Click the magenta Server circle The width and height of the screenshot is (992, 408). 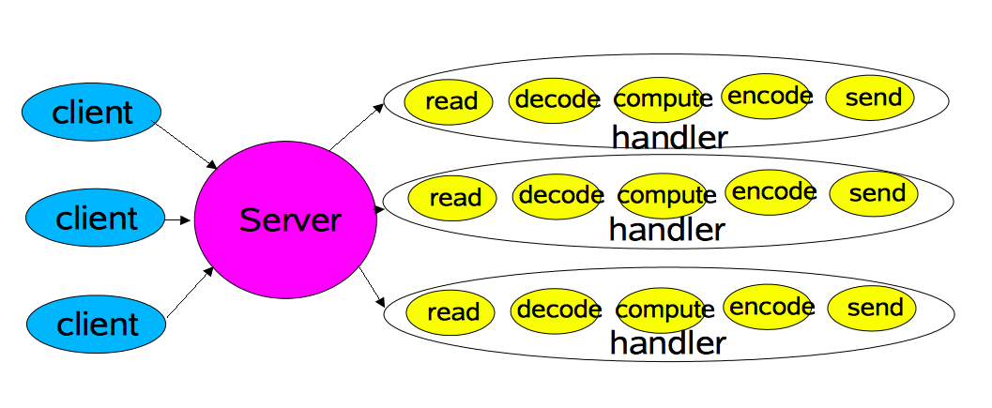[x=285, y=219]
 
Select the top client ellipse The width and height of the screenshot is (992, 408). [x=91, y=112]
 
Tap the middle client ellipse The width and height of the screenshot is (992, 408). [x=95, y=218]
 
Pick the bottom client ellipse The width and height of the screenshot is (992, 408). [x=96, y=324]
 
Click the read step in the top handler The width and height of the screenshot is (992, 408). [x=449, y=101]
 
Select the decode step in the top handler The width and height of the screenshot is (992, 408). [x=554, y=100]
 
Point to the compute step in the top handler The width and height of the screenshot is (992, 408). [x=660, y=99]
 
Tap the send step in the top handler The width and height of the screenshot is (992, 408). [x=871, y=98]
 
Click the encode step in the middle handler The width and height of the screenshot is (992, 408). [x=770, y=191]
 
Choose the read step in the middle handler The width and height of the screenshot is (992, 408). [x=452, y=197]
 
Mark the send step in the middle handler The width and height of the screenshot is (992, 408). [x=874, y=193]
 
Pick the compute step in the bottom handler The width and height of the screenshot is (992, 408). [x=662, y=310]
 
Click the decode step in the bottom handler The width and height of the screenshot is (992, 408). [x=556, y=310]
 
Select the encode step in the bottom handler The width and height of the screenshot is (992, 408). [x=768, y=307]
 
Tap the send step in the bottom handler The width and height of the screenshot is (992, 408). [x=873, y=308]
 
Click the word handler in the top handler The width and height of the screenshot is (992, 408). [x=669, y=137]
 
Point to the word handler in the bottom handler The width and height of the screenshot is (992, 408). [x=667, y=343]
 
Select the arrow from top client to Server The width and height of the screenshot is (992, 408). [x=185, y=145]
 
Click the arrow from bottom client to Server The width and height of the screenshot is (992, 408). [x=190, y=292]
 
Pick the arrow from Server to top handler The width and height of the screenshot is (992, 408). [x=357, y=126]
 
